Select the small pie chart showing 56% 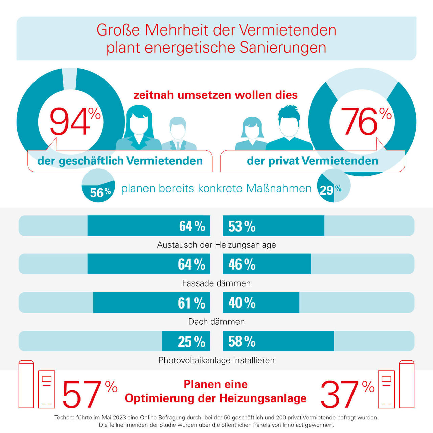click(98, 186)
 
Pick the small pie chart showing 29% click(334, 186)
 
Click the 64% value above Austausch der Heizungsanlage click(192, 226)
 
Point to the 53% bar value click(242, 226)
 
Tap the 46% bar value click(242, 264)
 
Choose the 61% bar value click(191, 303)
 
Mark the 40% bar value click(242, 303)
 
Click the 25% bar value click(191, 341)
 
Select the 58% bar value click(242, 341)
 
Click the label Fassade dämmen click(216, 283)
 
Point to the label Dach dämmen click(216, 321)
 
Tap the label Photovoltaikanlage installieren click(216, 360)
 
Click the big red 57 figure click(82, 394)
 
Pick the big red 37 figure click(339, 394)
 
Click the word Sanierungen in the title click(283, 47)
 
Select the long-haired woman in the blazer click(139, 129)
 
